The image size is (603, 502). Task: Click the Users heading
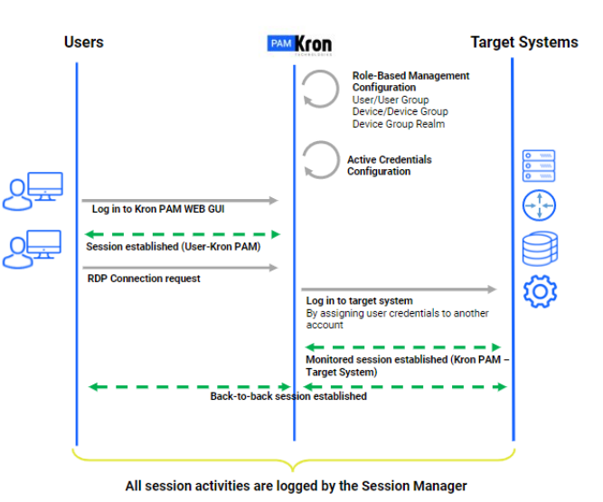(x=84, y=42)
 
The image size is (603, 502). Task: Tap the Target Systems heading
(x=524, y=43)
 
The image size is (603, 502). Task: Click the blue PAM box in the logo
(x=281, y=43)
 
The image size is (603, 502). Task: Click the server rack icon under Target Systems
(x=539, y=166)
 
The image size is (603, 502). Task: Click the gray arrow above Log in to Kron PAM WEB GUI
(x=180, y=201)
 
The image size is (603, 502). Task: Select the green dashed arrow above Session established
(x=183, y=234)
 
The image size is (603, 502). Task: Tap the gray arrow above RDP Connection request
(x=180, y=268)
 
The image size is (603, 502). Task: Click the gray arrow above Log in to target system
(x=399, y=289)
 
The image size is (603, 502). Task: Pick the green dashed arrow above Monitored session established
(x=403, y=347)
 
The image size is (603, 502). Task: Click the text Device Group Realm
(x=399, y=124)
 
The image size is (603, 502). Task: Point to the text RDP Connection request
(x=144, y=279)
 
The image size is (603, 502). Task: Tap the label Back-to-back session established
(x=288, y=396)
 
